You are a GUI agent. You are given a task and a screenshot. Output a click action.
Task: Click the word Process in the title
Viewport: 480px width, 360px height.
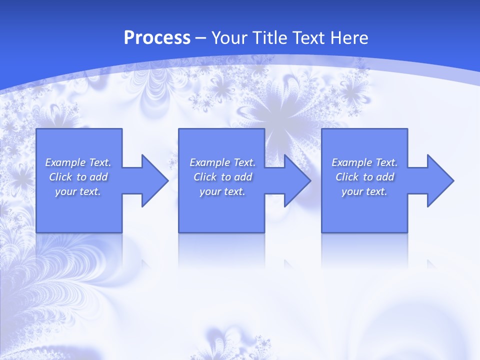[157, 38]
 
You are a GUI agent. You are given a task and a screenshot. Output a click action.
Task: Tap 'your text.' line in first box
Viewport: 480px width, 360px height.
[78, 191]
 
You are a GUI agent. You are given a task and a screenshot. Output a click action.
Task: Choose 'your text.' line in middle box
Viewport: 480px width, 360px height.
[222, 191]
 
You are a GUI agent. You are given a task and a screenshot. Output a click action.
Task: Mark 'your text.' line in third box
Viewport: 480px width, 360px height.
[364, 191]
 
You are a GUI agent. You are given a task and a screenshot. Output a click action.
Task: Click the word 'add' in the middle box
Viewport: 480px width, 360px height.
[242, 177]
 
